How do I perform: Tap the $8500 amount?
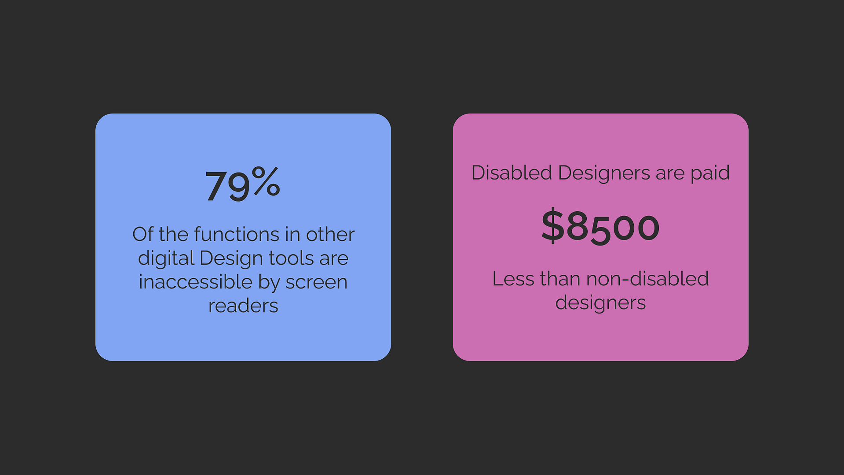600,226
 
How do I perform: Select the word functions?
237,234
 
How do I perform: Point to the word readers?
243,306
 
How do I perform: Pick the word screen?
316,282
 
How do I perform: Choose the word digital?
166,259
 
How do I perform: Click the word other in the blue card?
330,234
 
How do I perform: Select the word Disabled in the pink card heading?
512,173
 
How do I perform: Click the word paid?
710,173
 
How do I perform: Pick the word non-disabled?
647,279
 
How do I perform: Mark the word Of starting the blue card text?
143,234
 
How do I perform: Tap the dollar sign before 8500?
552,226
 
